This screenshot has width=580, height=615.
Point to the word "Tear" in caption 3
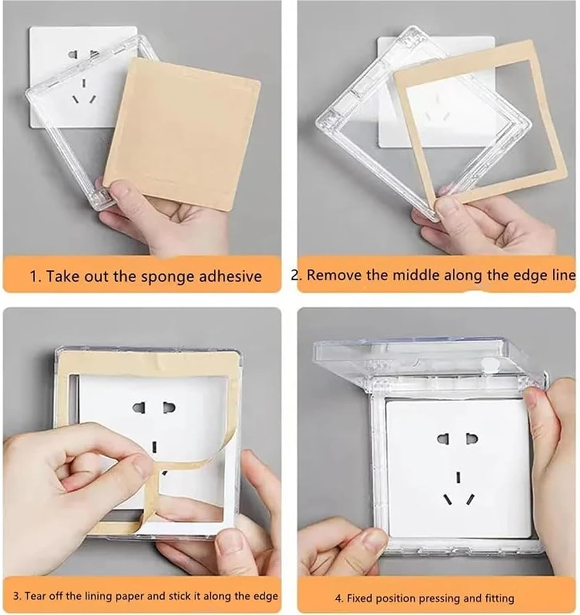[33, 596]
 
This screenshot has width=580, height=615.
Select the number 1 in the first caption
[33, 277]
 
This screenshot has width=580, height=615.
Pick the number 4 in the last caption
[338, 598]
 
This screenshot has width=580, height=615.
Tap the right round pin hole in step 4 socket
[472, 439]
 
